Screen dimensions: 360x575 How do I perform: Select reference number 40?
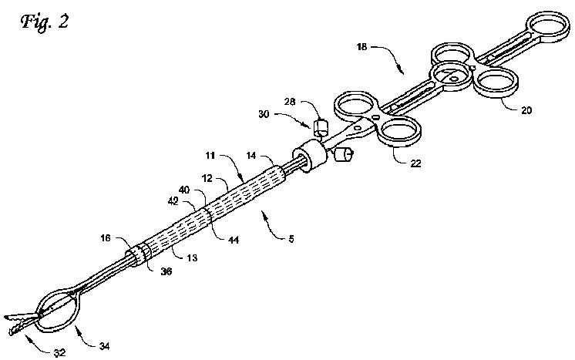pyautogui.click(x=185, y=190)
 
